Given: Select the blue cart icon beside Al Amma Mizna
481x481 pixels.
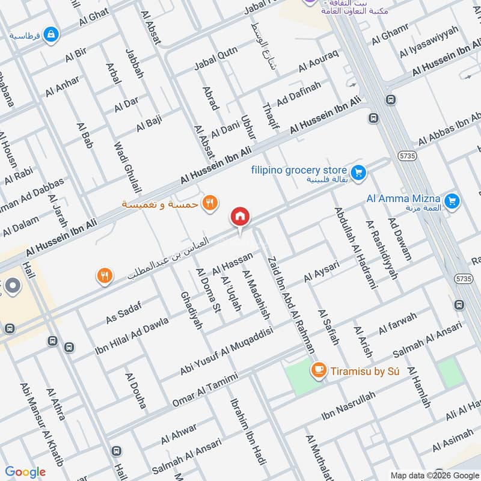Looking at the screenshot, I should click(453, 201).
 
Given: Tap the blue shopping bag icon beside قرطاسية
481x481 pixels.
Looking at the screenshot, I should click(51, 34).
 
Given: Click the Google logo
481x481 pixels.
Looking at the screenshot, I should click(25, 472).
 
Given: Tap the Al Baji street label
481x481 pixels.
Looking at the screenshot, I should click(149, 124).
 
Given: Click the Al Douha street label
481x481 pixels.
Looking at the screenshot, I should click(136, 391).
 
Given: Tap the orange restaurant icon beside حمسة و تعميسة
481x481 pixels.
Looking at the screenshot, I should click(209, 203).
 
